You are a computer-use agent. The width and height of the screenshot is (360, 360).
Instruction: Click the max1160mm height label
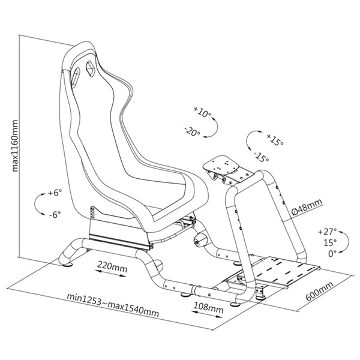[x=15, y=146]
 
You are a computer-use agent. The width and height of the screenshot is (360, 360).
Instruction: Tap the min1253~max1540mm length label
[x=113, y=305]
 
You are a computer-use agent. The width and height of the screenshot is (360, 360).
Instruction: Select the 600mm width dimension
[x=319, y=291]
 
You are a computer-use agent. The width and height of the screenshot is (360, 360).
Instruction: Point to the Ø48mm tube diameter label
[x=307, y=207]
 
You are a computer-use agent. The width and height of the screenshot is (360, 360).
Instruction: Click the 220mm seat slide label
[x=112, y=266]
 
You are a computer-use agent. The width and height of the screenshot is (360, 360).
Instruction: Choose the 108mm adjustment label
[x=208, y=307]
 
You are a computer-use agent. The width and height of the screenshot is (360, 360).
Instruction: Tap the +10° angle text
[x=202, y=112]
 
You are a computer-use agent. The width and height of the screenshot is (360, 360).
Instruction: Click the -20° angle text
[x=193, y=131]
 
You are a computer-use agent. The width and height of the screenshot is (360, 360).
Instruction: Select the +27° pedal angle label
[x=328, y=232]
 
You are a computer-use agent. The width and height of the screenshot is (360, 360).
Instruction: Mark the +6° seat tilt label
[x=55, y=193]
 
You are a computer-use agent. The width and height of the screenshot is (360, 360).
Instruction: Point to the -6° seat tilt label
[x=55, y=215]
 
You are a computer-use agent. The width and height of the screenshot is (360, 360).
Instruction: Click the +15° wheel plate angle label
[x=275, y=139]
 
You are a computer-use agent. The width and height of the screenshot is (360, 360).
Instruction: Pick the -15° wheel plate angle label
[x=262, y=157]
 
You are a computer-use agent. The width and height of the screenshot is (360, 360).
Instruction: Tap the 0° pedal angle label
[x=332, y=254]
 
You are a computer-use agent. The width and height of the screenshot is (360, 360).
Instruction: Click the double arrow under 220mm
[x=110, y=273]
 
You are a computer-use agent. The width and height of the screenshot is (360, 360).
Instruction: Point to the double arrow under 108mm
[x=207, y=314]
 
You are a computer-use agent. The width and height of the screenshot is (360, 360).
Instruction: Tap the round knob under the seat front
[x=200, y=241]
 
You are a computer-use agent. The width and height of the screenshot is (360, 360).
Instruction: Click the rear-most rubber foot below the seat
[x=67, y=265]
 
